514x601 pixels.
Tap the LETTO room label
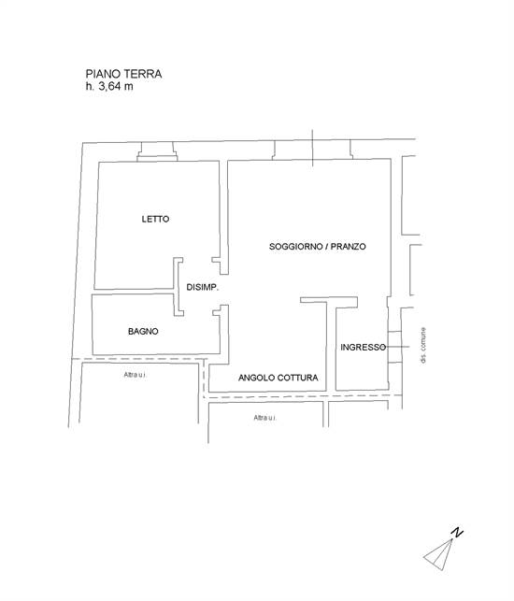(155, 220)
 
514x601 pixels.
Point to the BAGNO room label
(143, 332)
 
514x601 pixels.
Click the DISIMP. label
(202, 288)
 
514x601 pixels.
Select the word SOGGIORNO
(296, 247)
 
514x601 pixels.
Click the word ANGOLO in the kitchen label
(258, 379)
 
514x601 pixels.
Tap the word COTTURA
(300, 379)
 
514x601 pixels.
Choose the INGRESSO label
(364, 347)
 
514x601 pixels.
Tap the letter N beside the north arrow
(457, 533)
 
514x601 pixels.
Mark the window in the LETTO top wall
(157, 152)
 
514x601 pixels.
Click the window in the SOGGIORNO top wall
(313, 151)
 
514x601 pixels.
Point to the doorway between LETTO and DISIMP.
(177, 274)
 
